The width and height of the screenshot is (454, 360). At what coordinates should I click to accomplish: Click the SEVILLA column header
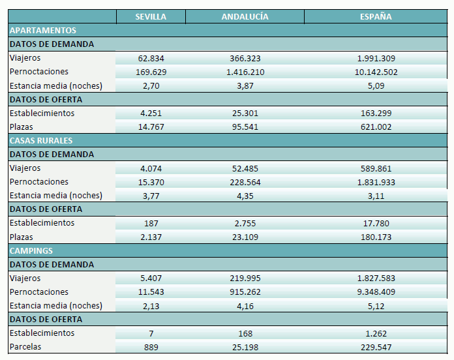point(151,16)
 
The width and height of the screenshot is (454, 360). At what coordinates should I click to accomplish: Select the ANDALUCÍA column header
point(245,16)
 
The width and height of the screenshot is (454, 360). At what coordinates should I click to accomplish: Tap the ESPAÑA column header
point(376,16)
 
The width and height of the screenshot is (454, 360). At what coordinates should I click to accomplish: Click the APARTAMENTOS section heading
point(43,30)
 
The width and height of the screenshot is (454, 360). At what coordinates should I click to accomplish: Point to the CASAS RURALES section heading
point(41,140)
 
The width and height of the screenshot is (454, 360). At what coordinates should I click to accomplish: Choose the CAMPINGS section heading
point(31,250)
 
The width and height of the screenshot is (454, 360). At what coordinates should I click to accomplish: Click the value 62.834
point(151,58)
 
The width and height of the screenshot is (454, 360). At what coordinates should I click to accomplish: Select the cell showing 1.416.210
point(245,72)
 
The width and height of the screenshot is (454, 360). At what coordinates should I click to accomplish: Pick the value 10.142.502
point(376,72)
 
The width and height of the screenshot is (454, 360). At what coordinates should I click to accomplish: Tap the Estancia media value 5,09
point(376,85)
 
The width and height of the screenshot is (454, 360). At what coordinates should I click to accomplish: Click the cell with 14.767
point(151,127)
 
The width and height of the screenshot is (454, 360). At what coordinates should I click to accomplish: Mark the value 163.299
point(376,113)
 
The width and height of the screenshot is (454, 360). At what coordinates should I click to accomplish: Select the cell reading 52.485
point(245,168)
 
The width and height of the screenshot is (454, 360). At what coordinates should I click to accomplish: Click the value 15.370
point(151,182)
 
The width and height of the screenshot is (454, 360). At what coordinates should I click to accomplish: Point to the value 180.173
point(376,237)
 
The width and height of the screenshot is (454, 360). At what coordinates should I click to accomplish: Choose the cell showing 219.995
point(245,278)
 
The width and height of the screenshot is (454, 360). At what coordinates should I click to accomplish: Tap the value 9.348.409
point(376,292)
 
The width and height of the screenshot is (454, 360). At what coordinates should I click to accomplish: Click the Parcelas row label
point(25,347)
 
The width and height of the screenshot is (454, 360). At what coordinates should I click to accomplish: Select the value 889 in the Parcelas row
point(151,347)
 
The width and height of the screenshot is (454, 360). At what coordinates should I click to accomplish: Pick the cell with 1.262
point(376,333)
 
